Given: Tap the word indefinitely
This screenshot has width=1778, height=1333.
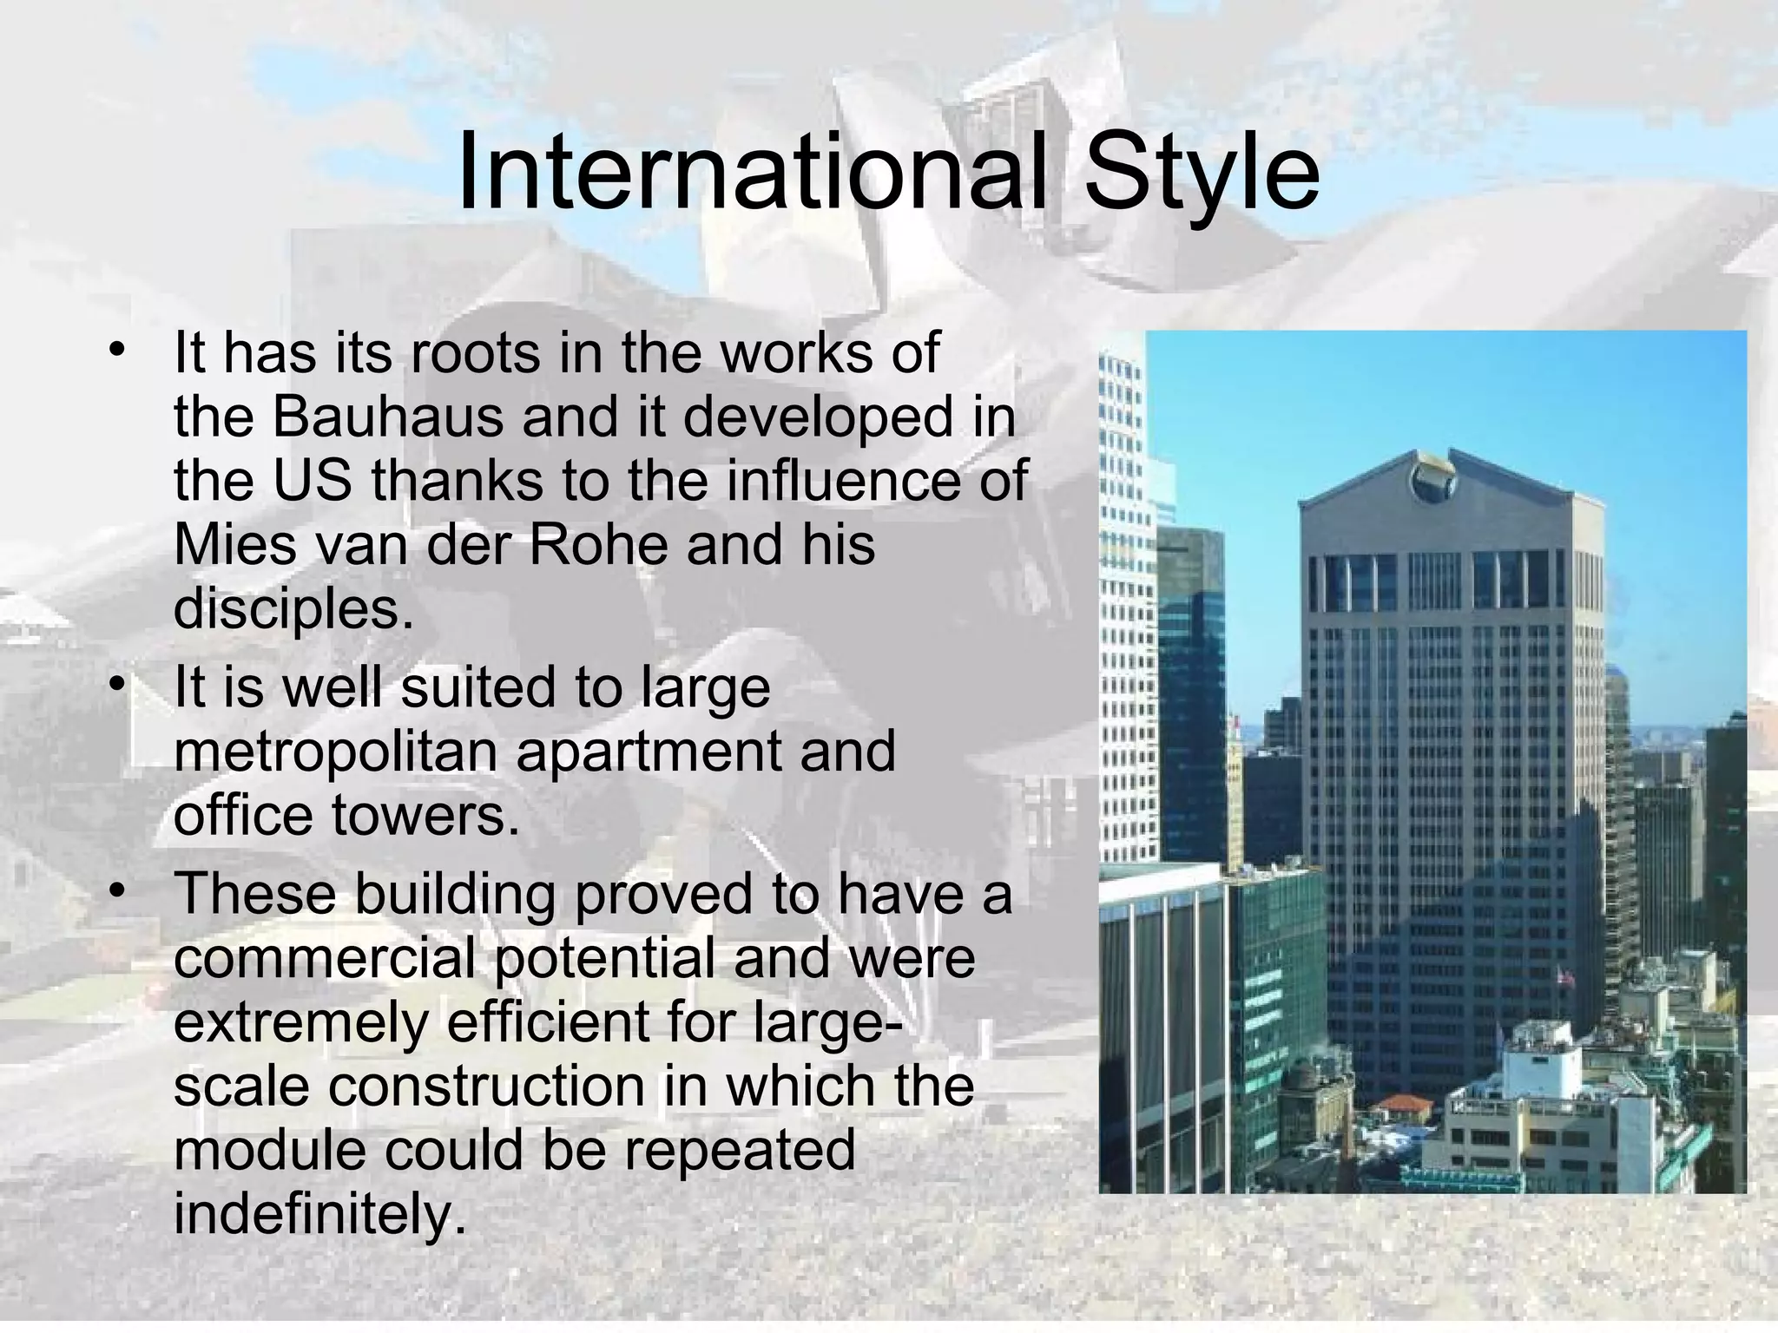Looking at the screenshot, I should click(314, 1214).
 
